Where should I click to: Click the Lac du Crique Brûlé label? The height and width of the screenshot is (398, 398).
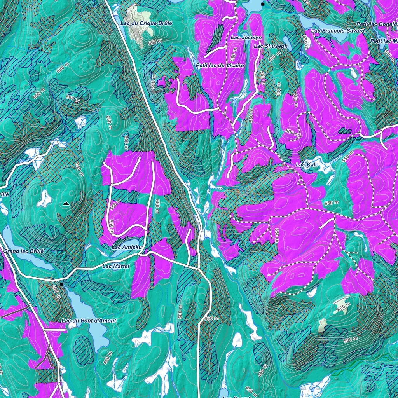(x=146, y=23)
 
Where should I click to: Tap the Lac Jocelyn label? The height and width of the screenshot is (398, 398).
(x=246, y=37)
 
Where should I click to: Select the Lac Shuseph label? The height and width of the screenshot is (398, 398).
(x=271, y=46)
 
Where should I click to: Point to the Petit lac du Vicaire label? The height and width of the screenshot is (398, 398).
(x=220, y=65)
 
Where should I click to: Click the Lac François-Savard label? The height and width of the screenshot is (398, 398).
(x=338, y=31)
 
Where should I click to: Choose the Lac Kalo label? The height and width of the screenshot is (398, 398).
(x=307, y=165)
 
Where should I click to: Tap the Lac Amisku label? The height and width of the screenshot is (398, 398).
(x=125, y=247)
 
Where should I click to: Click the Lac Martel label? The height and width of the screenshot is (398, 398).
(x=115, y=267)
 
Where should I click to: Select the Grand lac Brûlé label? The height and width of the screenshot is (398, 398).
(x=24, y=251)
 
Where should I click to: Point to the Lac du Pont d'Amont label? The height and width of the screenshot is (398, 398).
(x=89, y=321)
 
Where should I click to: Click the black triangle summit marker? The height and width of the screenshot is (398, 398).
(x=66, y=203)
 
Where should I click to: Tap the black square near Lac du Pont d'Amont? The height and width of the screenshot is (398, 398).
(x=61, y=284)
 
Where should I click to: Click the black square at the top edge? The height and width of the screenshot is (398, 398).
(x=263, y=4)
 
